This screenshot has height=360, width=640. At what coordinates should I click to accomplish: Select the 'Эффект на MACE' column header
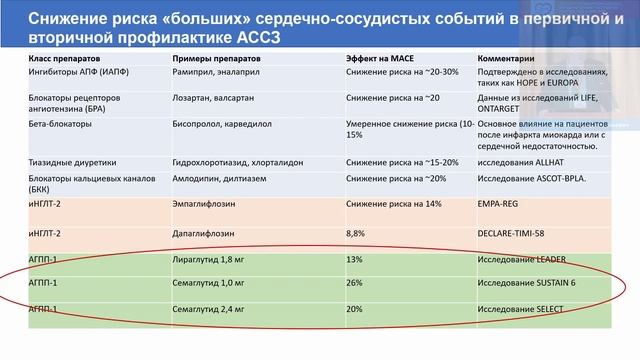tap(378, 58)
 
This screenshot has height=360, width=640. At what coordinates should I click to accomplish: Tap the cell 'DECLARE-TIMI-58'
tap(516, 232)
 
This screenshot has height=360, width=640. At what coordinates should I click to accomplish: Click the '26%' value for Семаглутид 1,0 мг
tap(354, 284)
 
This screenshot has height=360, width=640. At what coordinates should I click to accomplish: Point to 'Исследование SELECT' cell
tap(526, 309)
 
